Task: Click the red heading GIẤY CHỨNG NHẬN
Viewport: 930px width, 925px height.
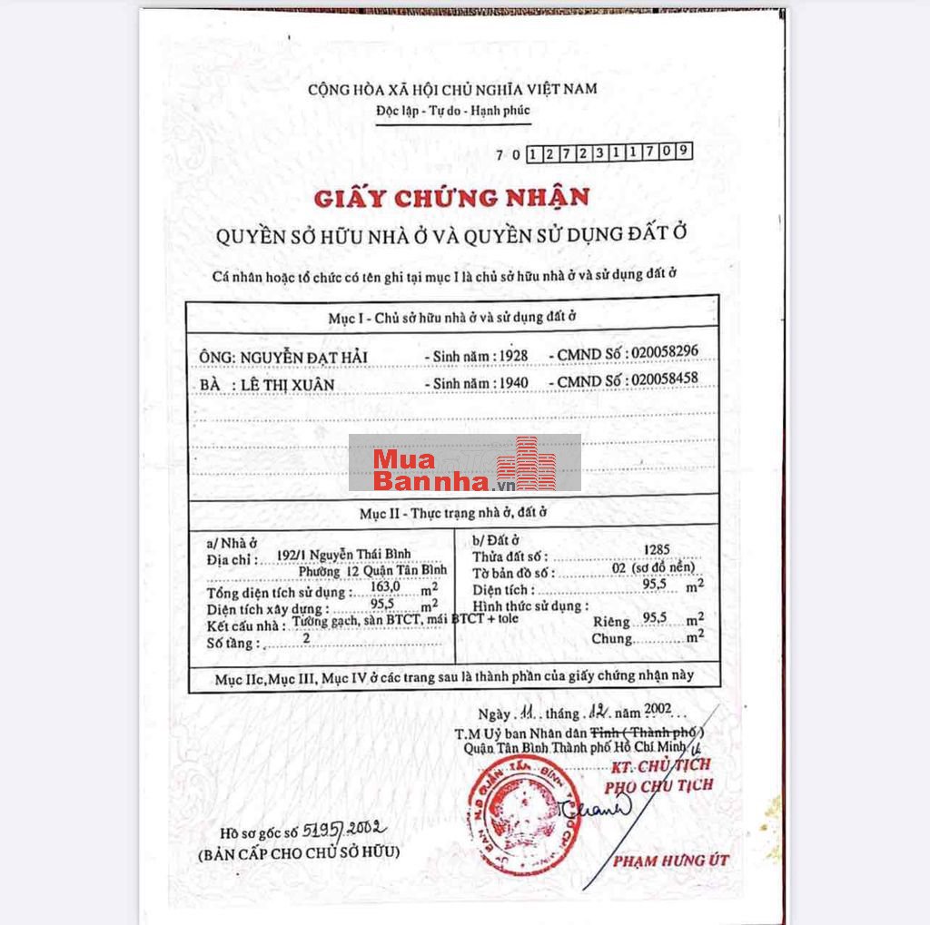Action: pos(451,197)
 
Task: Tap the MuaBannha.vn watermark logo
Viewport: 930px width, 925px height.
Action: pos(464,463)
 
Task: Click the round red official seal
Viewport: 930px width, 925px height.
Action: pos(511,814)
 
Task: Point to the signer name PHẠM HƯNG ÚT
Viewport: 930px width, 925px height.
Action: pos(670,860)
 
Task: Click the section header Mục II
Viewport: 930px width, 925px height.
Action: pos(451,514)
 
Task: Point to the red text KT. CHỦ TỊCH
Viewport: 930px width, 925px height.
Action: pos(660,764)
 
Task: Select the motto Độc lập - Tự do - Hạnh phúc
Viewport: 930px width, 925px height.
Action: pos(452,111)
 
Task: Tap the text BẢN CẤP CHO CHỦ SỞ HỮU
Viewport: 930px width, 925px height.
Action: pos(298,853)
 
